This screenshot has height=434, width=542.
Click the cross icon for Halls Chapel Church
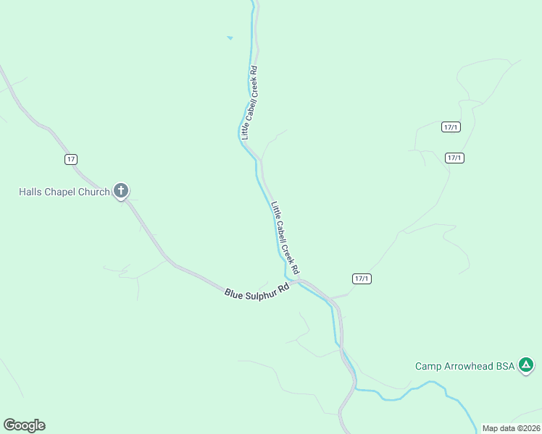121,191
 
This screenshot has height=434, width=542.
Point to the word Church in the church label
95,192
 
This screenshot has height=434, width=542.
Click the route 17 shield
70,159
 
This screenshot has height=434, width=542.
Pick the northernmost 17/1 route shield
450,127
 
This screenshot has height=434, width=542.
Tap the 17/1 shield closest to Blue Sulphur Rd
362,278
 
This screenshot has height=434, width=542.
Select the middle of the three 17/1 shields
454,158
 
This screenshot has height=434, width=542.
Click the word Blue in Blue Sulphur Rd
234,293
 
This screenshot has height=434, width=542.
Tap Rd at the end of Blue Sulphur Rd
284,287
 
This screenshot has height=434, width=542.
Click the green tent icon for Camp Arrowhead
526,365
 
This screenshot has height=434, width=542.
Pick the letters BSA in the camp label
505,366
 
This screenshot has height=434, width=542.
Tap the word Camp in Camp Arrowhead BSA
428,366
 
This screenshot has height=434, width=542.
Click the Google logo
24,425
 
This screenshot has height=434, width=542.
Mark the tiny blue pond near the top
230,38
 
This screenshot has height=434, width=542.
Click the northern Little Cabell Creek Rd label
250,102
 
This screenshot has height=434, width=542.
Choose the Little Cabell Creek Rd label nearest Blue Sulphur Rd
285,237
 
